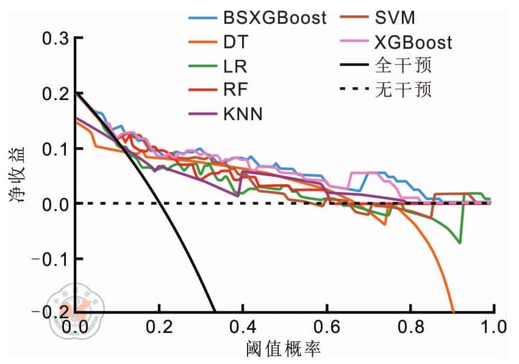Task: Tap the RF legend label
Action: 232,90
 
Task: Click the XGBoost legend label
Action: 413,42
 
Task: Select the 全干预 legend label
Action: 403,66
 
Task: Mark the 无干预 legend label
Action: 403,90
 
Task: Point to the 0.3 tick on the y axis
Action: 55,38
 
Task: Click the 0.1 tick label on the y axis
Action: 55,149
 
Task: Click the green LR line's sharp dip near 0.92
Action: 460,243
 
